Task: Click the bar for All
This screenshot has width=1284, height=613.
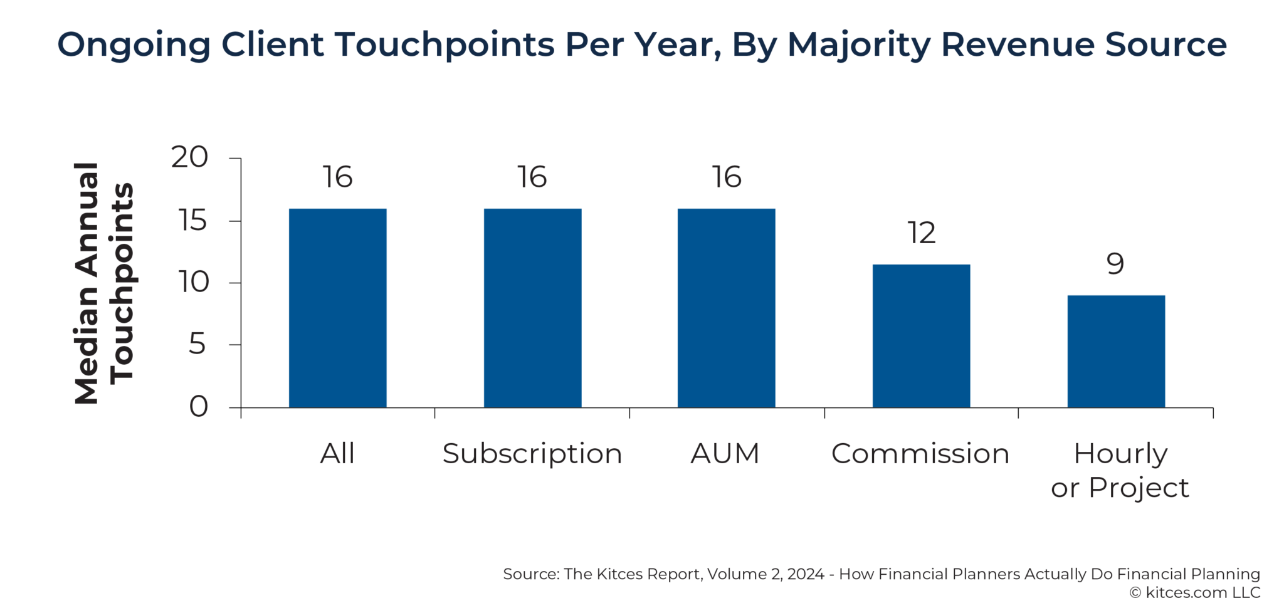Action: [337, 308]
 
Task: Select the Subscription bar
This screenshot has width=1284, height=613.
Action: [532, 308]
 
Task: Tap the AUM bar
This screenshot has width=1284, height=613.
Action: [726, 308]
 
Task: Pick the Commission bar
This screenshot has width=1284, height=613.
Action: [921, 336]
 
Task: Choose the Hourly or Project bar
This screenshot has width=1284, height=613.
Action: [1116, 351]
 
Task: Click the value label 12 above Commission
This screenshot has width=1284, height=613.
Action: [921, 233]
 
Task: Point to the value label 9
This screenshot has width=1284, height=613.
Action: [1115, 264]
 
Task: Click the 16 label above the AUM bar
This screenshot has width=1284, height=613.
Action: [726, 177]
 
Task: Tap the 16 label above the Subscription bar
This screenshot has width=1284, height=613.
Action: [532, 177]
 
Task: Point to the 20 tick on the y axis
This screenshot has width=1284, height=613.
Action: [189, 157]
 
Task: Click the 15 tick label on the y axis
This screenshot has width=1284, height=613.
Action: [192, 221]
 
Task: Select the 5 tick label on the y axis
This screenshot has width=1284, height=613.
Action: [197, 344]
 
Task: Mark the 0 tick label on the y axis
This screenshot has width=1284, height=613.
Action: [198, 407]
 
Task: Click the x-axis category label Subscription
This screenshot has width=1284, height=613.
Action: [532, 454]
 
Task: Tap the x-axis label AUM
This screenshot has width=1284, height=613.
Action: [725, 454]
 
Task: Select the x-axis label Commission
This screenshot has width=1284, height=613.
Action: [920, 454]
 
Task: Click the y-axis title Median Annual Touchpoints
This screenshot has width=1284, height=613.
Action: [103, 283]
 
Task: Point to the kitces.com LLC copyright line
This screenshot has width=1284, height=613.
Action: [1194, 592]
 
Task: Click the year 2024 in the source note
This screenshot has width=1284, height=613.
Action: [806, 574]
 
